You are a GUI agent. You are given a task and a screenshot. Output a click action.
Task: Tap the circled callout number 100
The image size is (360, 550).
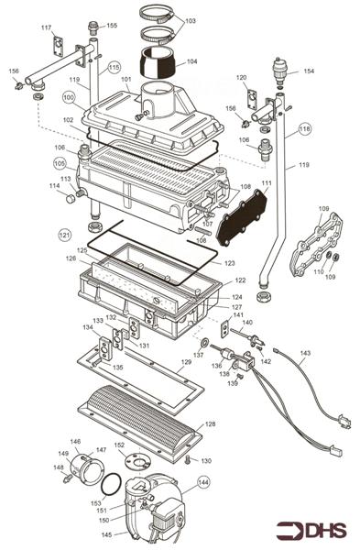[x=70, y=96]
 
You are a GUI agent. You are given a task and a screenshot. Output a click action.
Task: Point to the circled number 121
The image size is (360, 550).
[x=64, y=235]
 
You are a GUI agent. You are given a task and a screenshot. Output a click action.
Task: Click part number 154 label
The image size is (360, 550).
[x=309, y=71]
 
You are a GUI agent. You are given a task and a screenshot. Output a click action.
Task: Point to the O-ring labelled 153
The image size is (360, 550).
[x=110, y=483]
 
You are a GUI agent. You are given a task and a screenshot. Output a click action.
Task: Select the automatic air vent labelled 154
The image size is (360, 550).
[x=278, y=71]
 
